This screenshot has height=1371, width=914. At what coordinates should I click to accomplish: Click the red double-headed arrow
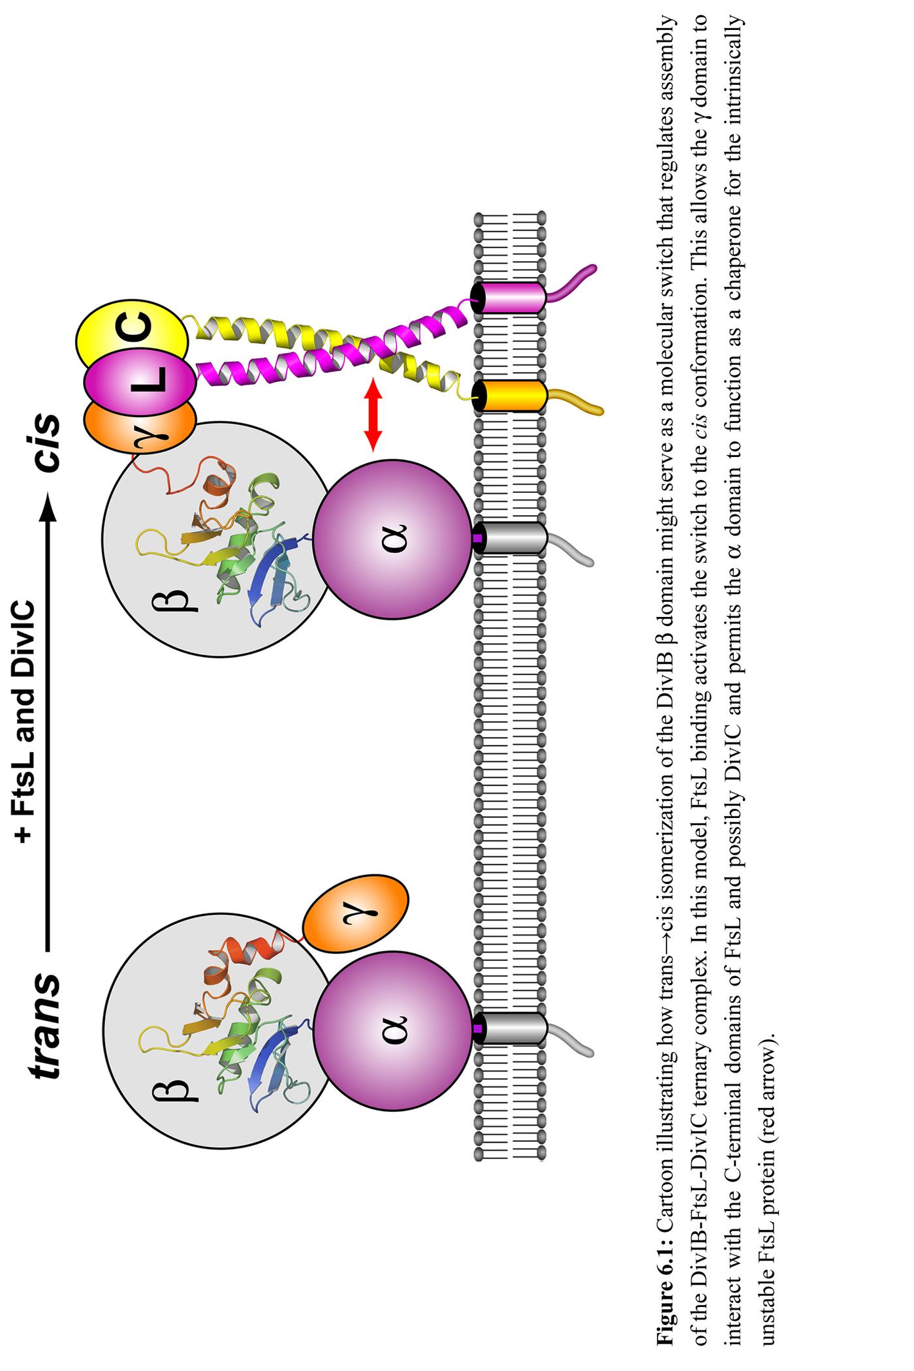coord(373,415)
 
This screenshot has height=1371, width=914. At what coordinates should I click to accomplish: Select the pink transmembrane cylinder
coord(509,298)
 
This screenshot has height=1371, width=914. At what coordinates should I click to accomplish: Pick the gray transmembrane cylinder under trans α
coord(509,1029)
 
